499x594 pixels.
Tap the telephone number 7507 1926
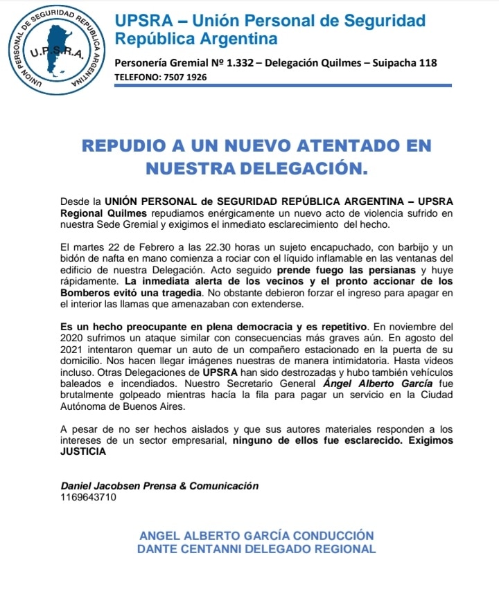(x=184, y=77)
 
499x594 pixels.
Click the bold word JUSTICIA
(x=84, y=452)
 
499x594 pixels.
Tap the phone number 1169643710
(x=89, y=496)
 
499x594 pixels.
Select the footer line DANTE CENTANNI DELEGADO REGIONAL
(x=257, y=549)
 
